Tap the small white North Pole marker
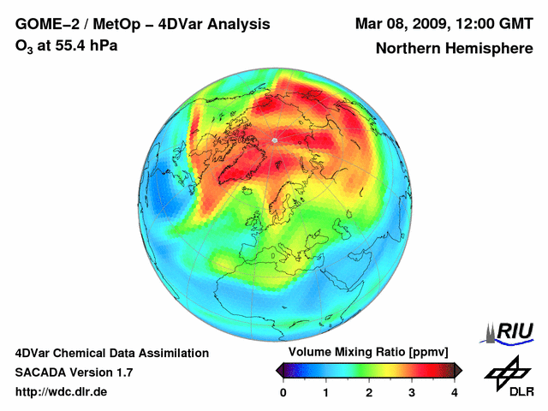click(x=275, y=140)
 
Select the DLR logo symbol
click(x=506, y=370)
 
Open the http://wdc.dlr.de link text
click(x=62, y=391)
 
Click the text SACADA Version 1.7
click(x=74, y=372)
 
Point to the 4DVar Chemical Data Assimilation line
click(x=111, y=353)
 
